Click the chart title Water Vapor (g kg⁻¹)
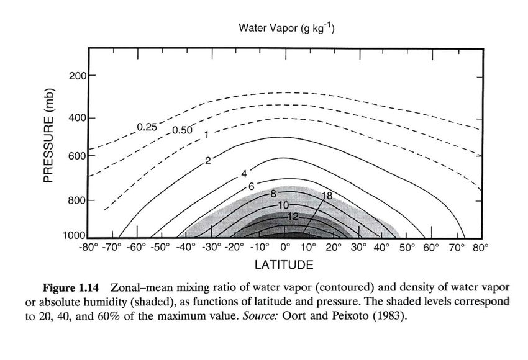(287, 29)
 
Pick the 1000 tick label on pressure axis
(75, 236)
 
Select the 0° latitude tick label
(286, 247)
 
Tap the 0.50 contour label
(181, 130)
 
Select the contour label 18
(327, 196)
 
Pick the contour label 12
(293, 215)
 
